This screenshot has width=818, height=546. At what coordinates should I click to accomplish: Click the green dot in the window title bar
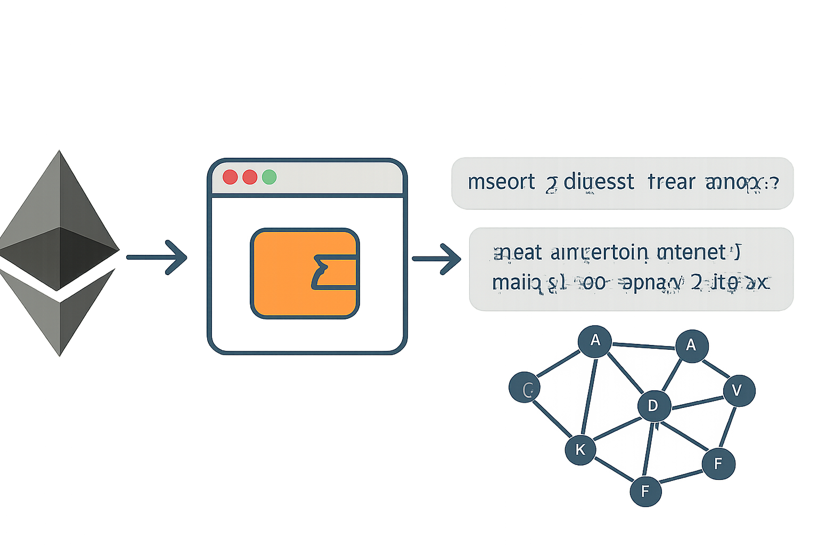click(269, 177)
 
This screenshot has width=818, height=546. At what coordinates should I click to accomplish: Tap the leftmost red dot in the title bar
click(230, 177)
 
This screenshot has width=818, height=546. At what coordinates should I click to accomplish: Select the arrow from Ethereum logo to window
click(157, 258)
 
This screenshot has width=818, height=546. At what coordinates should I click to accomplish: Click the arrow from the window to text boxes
click(437, 259)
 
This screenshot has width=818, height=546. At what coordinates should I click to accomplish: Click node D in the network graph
click(653, 406)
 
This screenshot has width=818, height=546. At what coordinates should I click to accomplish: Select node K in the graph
click(580, 449)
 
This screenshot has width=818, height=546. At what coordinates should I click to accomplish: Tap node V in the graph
click(738, 391)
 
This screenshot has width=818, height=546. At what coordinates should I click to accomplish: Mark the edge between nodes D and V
click(697, 402)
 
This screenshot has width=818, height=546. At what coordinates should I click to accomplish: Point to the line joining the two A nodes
click(643, 347)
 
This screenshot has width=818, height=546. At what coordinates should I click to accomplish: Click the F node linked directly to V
click(718, 463)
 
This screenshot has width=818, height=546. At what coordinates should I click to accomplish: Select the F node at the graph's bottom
click(645, 491)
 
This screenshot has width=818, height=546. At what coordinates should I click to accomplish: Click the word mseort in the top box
click(501, 182)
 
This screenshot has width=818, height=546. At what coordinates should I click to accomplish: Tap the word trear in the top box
click(672, 182)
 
